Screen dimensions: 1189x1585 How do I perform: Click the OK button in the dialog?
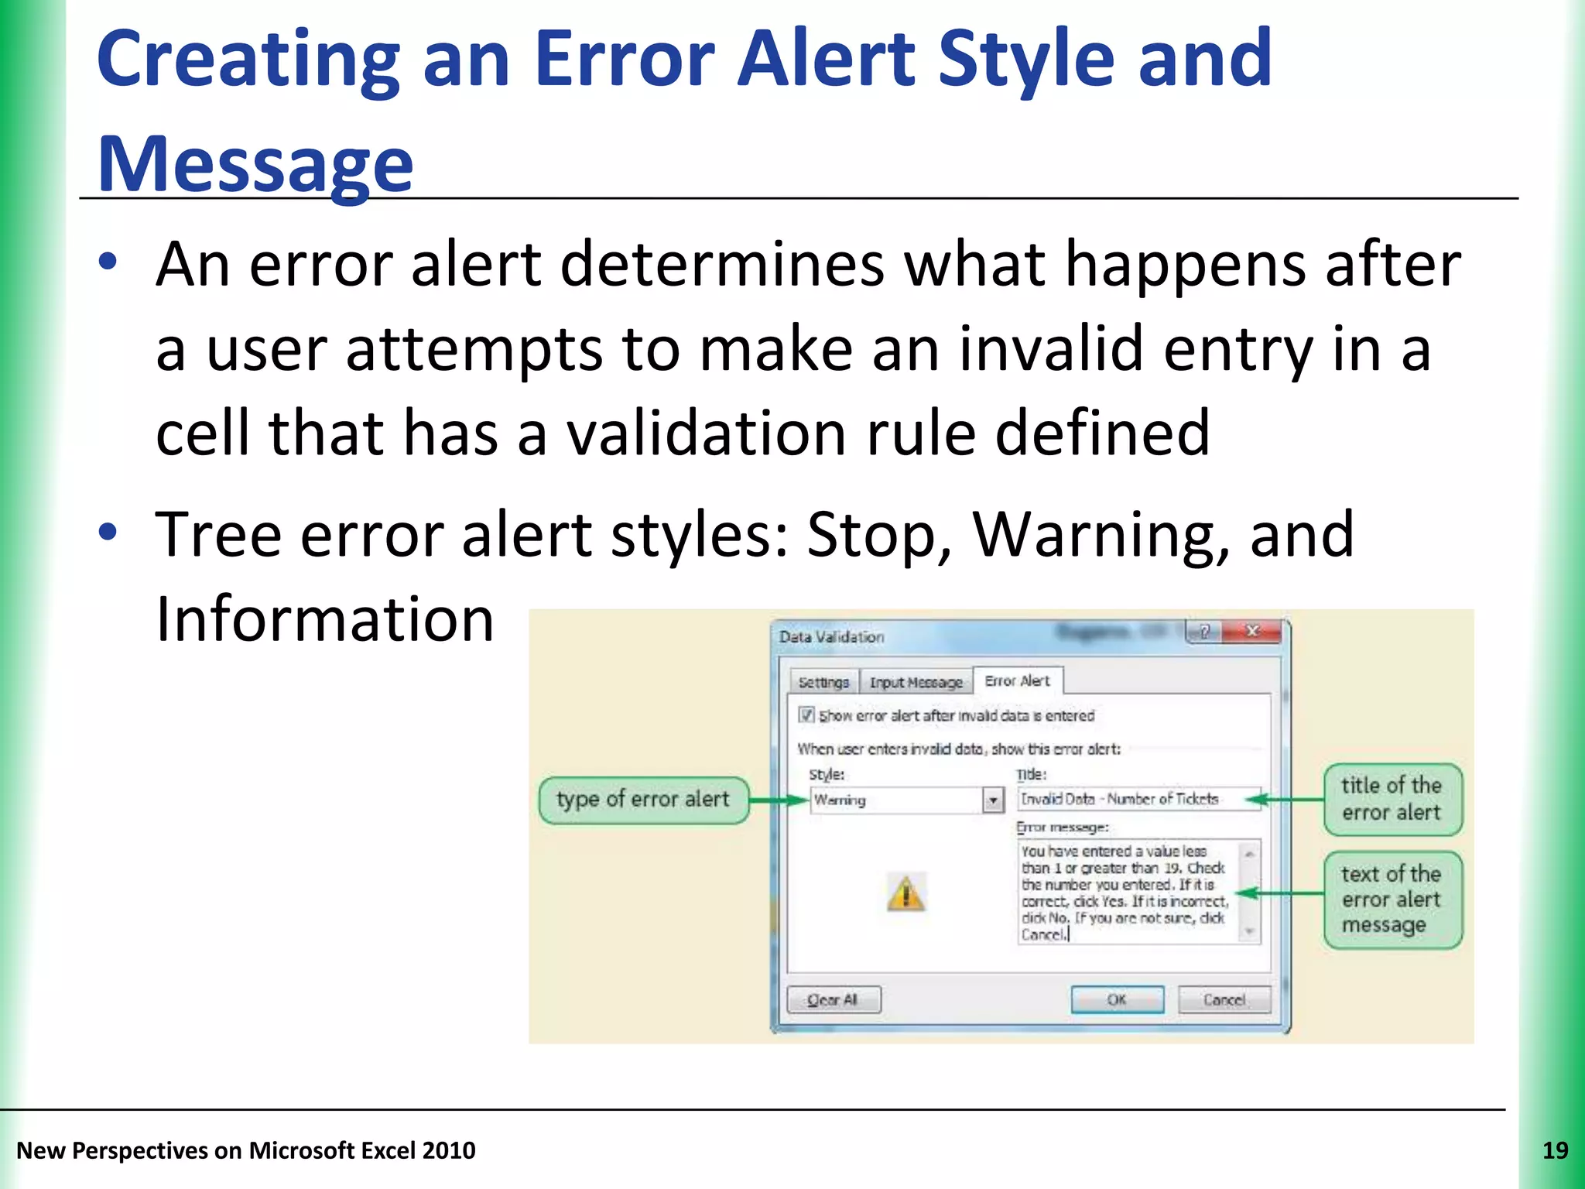coord(1117,999)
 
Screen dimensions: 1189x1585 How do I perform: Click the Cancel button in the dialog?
coord(1224,999)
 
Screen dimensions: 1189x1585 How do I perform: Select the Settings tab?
coord(823,682)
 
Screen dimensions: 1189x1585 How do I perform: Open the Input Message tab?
coord(916,682)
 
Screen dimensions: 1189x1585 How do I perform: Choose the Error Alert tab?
coord(1017,680)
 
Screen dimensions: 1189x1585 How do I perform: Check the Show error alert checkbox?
coord(806,714)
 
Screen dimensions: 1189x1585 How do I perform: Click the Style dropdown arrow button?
coord(993,800)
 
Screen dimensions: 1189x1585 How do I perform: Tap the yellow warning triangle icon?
coord(905,894)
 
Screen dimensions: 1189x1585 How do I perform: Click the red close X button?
coord(1252,632)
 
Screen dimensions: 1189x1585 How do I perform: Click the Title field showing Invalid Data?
coord(1130,799)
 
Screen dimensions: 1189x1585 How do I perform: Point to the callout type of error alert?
coord(642,800)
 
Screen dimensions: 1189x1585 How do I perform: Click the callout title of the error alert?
coord(1392,799)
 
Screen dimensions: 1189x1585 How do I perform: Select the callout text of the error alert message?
coord(1392,899)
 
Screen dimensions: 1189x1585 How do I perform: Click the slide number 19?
coord(1555,1150)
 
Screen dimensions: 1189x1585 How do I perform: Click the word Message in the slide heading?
coord(255,164)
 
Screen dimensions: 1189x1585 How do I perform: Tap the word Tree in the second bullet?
coord(218,535)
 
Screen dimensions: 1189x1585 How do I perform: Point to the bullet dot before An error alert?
coord(108,262)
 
